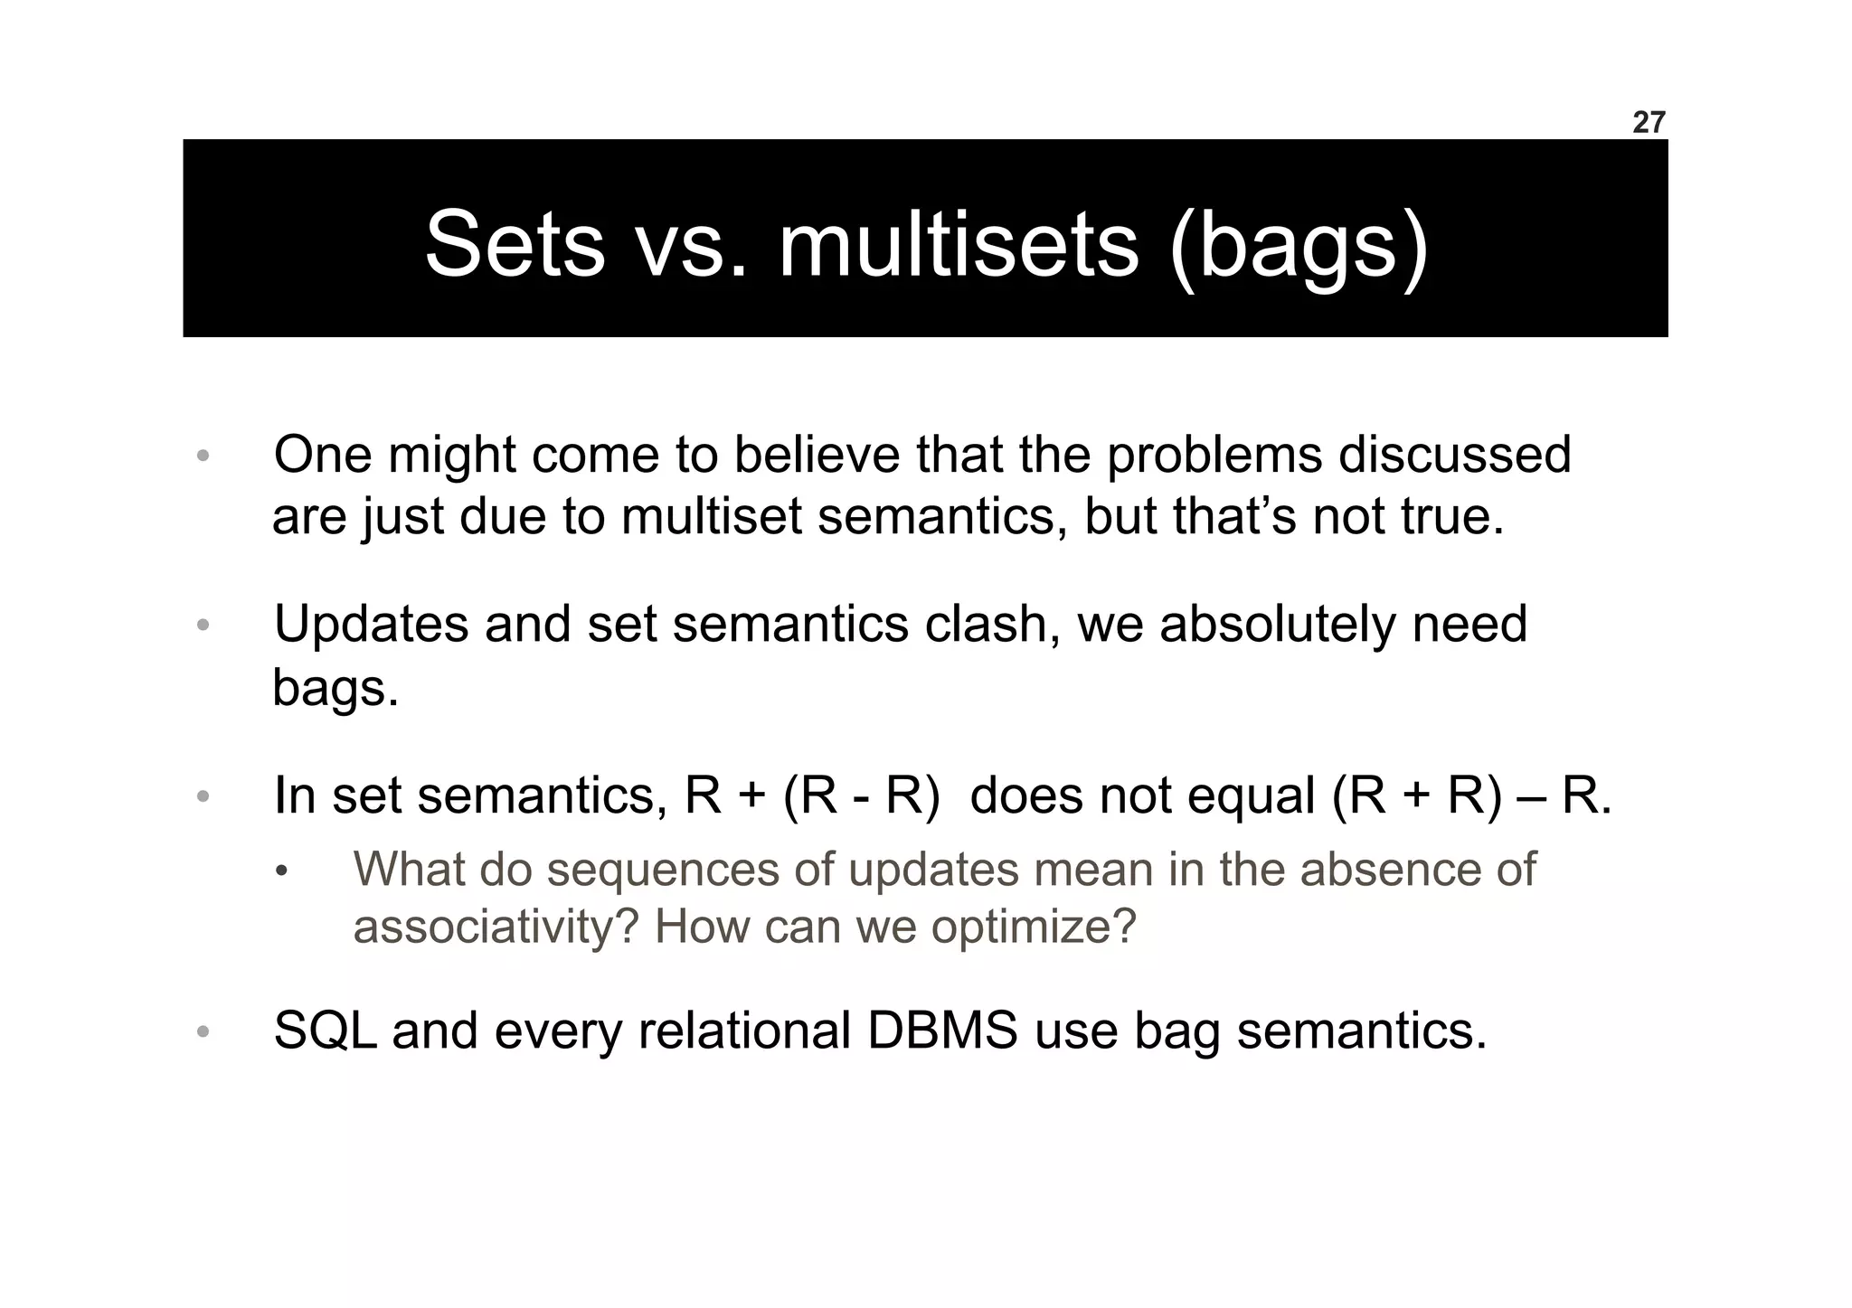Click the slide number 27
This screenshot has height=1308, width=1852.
pyautogui.click(x=1648, y=123)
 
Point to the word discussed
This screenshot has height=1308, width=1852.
pyautogui.click(x=1454, y=455)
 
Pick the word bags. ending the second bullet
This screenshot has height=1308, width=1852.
pyautogui.click(x=335, y=689)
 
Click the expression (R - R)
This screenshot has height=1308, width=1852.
pyautogui.click(x=862, y=796)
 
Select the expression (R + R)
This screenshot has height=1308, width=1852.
pyautogui.click(x=1417, y=796)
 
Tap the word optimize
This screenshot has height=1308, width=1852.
pyautogui.click(x=1033, y=927)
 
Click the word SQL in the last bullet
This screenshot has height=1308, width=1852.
pyautogui.click(x=324, y=1030)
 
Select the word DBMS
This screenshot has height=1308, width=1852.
pyautogui.click(x=942, y=1030)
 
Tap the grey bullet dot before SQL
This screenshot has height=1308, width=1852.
pyautogui.click(x=203, y=1032)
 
